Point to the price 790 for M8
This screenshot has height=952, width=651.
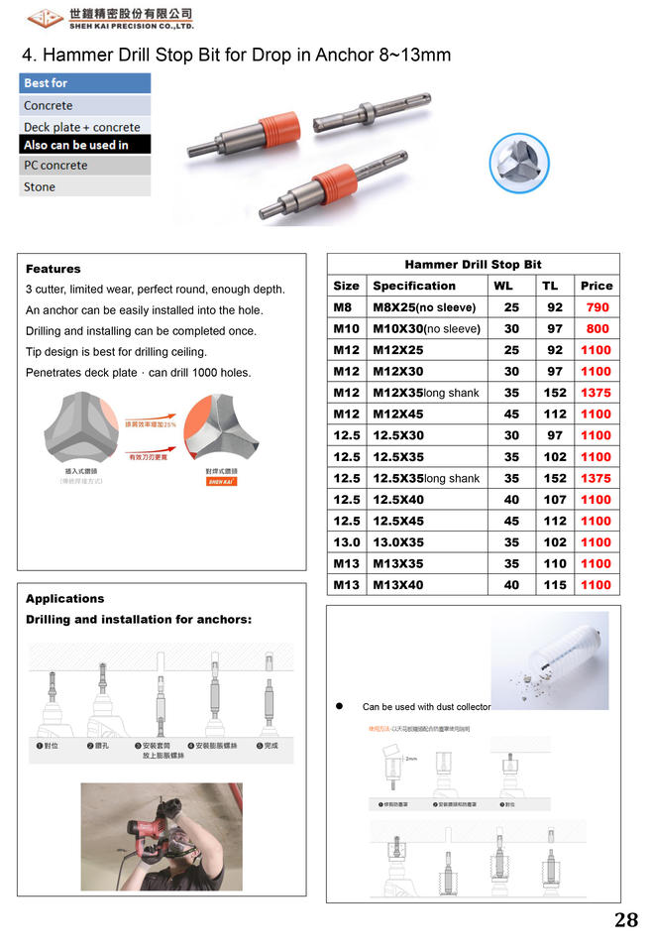pos(597,307)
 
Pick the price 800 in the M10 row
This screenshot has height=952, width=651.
pos(597,328)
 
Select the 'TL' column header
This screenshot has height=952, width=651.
pos(550,286)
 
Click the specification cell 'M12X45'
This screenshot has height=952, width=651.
pos(397,415)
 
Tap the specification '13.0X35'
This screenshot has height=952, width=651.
pos(398,542)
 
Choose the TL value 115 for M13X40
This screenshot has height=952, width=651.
pos(555,585)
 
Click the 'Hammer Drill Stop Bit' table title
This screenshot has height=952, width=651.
pos(473,265)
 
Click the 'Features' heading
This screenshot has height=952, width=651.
pos(54,269)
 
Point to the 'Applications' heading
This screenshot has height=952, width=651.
pos(64,599)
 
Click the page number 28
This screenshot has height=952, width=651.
pos(625,920)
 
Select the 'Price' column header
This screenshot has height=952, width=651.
pos(597,286)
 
